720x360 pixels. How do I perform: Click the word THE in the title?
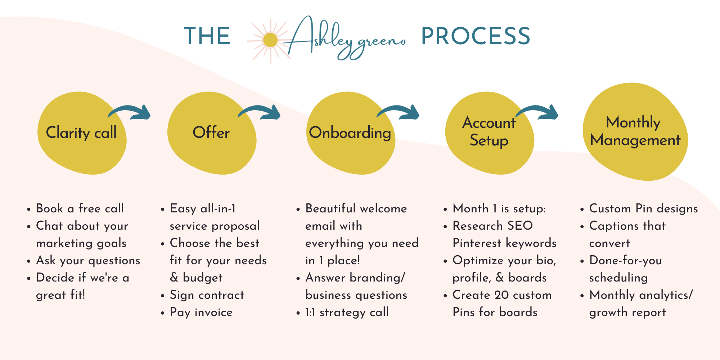pos(207,36)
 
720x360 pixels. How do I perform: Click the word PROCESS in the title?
pos(476,36)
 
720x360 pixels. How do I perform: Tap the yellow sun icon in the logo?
pos(270,40)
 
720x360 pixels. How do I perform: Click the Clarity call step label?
pos(81,132)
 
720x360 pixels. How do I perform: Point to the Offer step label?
pos(211,132)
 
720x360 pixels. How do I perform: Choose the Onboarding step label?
pos(350,133)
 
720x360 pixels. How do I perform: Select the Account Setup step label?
pos(489,131)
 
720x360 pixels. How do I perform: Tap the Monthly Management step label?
pos(635,131)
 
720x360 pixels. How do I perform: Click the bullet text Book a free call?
pos(80,208)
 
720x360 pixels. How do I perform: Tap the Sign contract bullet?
pos(207,295)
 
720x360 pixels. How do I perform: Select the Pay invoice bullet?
pos(201,312)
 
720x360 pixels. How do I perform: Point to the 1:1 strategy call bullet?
pos(347,312)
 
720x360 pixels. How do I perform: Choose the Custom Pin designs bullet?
pos(643,209)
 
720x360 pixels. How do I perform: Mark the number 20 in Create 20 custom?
pos(501,295)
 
